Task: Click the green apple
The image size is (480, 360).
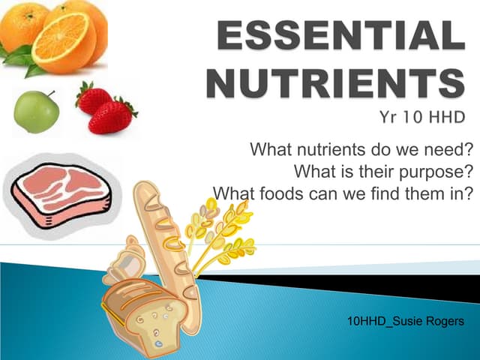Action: [36, 112]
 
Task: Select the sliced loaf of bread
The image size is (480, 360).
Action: [142, 311]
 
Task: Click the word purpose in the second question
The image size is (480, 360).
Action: [436, 170]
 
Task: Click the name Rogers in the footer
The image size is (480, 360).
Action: [440, 322]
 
